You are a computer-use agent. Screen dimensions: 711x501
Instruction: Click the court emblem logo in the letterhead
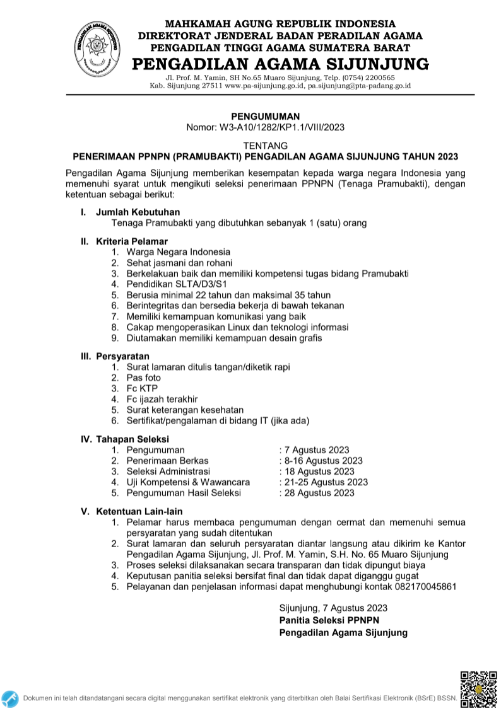[x=97, y=48]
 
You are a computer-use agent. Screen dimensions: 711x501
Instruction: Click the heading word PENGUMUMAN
[x=265, y=116]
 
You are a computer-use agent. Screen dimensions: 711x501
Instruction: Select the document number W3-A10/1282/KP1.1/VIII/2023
[x=281, y=127]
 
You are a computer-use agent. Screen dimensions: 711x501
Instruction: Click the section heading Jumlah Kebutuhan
[x=138, y=212]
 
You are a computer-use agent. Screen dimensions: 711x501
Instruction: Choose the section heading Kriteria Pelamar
[x=132, y=241]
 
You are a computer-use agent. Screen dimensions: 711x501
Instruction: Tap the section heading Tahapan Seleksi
[x=133, y=439]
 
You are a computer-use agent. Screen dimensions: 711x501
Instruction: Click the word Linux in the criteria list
[x=227, y=327]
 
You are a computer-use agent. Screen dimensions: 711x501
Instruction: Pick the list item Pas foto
[x=143, y=378]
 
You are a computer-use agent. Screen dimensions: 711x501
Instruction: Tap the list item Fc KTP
[x=141, y=388]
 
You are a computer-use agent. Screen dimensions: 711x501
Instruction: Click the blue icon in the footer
[x=9, y=698]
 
